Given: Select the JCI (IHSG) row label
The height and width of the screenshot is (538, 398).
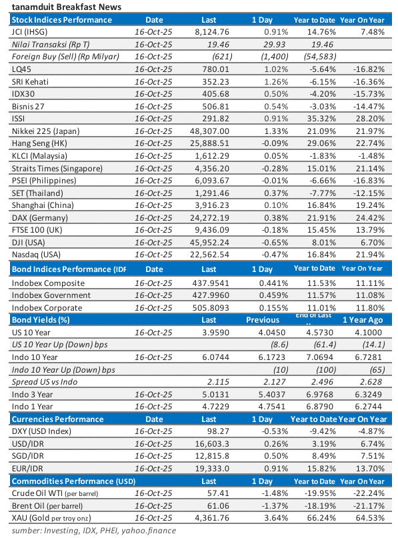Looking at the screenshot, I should click(x=29, y=31).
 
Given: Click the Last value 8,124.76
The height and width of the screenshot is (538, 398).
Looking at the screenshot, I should click(x=211, y=31).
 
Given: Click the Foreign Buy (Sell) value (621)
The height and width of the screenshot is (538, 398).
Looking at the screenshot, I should click(x=221, y=56).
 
